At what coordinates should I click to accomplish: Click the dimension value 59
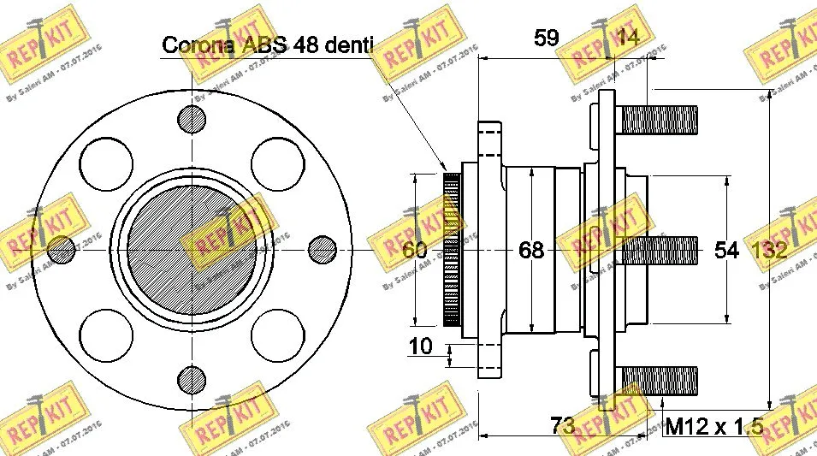point(546,38)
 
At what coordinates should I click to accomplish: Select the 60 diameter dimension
point(414,250)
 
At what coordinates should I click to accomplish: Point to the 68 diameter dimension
point(531,250)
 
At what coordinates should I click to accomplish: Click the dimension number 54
point(726,250)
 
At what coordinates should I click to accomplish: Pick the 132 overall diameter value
point(770,250)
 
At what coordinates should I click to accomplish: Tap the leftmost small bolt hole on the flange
point(62,249)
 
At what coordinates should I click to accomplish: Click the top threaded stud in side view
point(659,118)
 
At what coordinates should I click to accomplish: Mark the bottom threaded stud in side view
point(659,380)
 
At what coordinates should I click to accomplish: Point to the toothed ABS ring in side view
point(451,250)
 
